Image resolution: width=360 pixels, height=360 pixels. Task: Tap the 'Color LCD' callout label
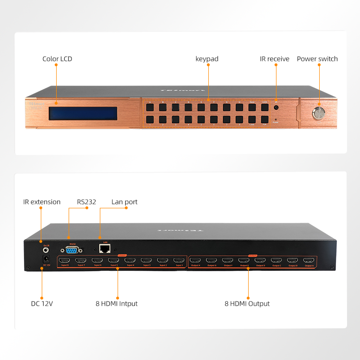57,59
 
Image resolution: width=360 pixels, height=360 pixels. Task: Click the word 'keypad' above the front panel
207,59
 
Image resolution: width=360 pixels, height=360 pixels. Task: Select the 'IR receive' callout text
275,59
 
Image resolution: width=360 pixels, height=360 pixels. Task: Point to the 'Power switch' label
317,59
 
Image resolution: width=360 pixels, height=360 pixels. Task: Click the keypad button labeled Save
252,107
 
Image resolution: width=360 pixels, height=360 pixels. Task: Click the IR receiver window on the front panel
276,108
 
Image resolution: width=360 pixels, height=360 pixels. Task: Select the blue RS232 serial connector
70,249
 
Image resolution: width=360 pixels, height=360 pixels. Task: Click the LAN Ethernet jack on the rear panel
103,249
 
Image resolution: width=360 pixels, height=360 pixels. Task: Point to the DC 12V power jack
46,259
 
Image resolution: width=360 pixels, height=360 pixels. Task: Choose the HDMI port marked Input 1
179,261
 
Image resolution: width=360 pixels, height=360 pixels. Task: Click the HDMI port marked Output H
195,261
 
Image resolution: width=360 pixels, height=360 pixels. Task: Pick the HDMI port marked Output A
309,261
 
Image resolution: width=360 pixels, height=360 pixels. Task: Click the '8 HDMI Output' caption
247,304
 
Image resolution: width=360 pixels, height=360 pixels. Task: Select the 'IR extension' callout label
42,202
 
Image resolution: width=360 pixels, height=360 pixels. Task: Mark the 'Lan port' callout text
125,202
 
